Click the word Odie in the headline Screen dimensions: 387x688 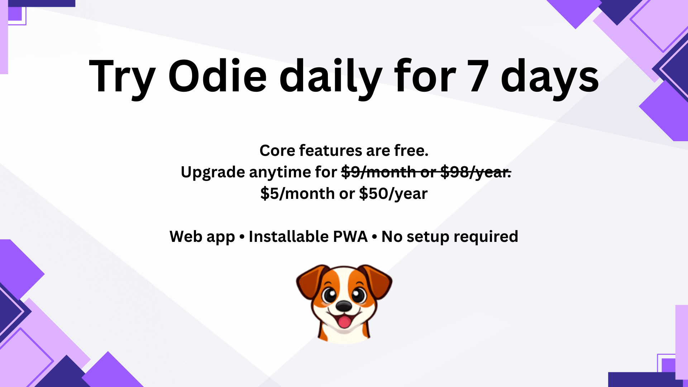pyautogui.click(x=218, y=76)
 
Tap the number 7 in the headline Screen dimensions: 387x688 pyautogui.click(x=478, y=76)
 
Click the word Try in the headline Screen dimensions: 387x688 pyautogui.click(x=122, y=76)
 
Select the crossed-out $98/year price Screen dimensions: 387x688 pyautogui.click(x=476, y=172)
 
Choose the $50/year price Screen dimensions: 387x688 pyautogui.click(x=393, y=194)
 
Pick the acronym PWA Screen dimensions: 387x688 pyautogui.click(x=350, y=236)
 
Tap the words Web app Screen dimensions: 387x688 pyautogui.click(x=202, y=236)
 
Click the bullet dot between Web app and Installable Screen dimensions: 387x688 pyautogui.click(x=242, y=237)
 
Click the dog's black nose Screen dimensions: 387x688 pyautogui.click(x=344, y=306)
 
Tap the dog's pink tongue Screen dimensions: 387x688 pyautogui.click(x=344, y=321)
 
